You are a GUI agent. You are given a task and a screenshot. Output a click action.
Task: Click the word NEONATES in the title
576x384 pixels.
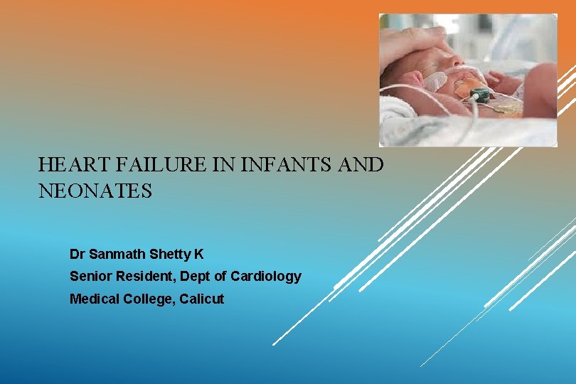click(95, 191)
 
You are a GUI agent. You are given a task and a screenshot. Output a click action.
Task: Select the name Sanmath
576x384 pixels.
click(118, 253)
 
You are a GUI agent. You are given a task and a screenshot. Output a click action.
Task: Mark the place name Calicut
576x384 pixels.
click(202, 299)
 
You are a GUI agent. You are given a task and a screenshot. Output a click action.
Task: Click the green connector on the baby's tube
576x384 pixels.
click(480, 95)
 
